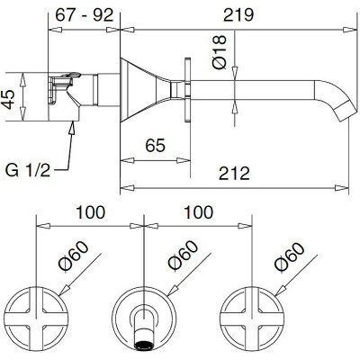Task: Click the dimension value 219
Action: click(x=238, y=14)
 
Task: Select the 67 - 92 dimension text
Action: click(x=85, y=14)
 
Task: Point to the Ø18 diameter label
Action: click(x=220, y=52)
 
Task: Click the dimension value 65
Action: click(x=155, y=146)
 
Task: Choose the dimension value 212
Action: click(x=234, y=174)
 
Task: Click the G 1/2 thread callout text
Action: click(x=28, y=170)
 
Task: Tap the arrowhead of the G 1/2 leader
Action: click(x=72, y=127)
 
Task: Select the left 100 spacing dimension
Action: click(x=90, y=212)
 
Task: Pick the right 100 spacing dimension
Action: click(x=198, y=212)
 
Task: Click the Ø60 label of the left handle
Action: click(x=74, y=256)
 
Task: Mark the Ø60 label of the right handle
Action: click(x=290, y=256)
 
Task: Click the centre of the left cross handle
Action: click(x=36, y=319)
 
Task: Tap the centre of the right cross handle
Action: click(x=252, y=319)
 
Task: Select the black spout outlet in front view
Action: click(x=144, y=346)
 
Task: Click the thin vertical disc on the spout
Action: click(x=187, y=89)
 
